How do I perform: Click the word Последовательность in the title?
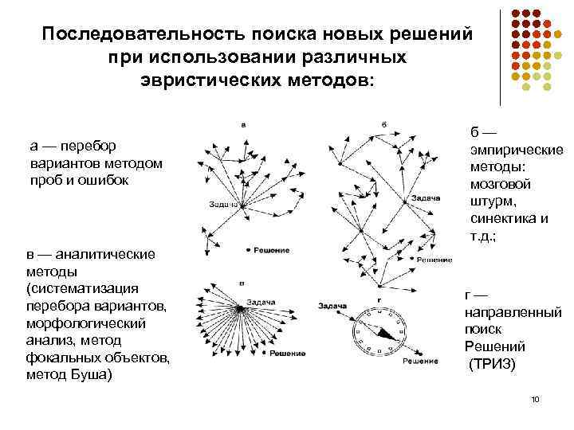click(144, 36)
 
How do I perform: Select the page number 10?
click(535, 399)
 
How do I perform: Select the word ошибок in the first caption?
click(124, 180)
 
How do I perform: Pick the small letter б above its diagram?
click(384, 125)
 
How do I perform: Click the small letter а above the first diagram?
click(242, 125)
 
